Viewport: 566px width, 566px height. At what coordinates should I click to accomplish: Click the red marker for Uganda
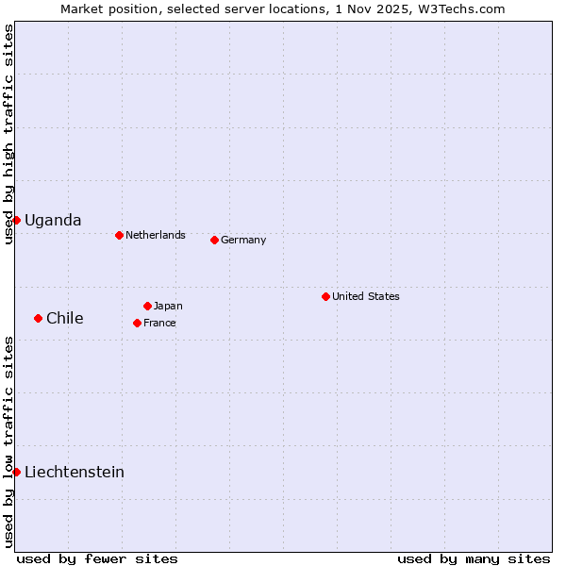click(x=16, y=220)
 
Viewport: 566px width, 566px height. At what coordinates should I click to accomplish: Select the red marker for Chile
click(x=38, y=318)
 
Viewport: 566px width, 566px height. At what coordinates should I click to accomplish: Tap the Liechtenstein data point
click(x=16, y=472)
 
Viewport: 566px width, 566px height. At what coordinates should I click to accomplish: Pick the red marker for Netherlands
click(x=119, y=235)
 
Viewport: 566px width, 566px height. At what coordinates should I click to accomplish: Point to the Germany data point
click(x=214, y=240)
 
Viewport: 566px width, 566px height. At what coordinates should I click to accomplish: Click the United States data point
click(x=325, y=296)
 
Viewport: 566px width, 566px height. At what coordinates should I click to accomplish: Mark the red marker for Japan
click(x=147, y=306)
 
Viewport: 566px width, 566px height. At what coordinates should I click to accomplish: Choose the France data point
click(x=137, y=323)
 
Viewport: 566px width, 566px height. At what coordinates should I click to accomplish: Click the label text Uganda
click(x=53, y=221)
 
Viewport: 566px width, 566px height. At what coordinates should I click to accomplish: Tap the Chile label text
click(x=65, y=319)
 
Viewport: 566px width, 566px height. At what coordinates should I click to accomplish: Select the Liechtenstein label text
click(x=75, y=473)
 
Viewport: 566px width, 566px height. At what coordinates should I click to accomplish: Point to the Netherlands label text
click(x=156, y=235)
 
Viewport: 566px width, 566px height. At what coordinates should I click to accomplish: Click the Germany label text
click(x=243, y=240)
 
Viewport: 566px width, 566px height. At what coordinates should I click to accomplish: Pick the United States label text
click(x=366, y=296)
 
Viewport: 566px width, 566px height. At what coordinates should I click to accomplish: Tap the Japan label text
click(x=168, y=306)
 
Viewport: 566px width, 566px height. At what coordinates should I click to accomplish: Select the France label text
click(x=159, y=323)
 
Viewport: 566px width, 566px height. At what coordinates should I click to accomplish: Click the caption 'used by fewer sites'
click(x=97, y=558)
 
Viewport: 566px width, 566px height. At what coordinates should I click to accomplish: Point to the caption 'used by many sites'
click(x=474, y=558)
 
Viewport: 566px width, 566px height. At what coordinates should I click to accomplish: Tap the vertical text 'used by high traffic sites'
click(x=8, y=134)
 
